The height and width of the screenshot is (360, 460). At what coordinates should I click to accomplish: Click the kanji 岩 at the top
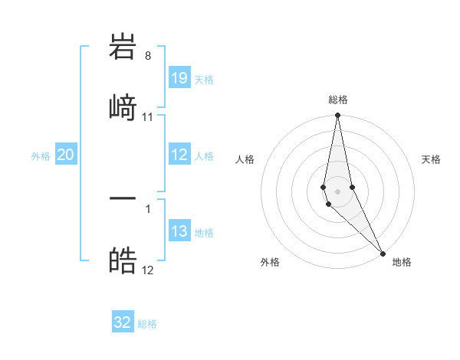pos(123,47)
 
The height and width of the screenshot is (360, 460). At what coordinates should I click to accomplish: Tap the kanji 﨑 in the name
pos(123,106)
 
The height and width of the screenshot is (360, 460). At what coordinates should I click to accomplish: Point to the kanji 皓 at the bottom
pos(123,260)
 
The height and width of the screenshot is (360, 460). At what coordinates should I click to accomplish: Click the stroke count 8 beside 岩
pos(147,56)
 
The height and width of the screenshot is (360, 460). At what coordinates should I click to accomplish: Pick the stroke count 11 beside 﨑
pos(148,117)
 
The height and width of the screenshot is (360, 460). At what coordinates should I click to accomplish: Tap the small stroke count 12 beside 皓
pos(148,270)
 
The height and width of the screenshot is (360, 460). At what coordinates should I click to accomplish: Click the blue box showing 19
pos(179,77)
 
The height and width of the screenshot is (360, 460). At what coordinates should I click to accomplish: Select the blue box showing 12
pos(179,155)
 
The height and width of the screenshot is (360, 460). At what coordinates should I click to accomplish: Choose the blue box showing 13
pos(179,231)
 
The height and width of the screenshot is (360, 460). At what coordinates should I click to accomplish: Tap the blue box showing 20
pos(66,155)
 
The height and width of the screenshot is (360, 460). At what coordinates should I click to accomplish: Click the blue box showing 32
pos(123,322)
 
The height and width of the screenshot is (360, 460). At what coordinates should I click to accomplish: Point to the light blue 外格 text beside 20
pos(41,156)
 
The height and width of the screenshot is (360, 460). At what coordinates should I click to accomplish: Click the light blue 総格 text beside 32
pos(147,324)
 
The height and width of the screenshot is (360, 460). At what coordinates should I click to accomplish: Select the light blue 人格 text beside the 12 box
pos(204,156)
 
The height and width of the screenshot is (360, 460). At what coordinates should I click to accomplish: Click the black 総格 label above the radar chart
pos(338,100)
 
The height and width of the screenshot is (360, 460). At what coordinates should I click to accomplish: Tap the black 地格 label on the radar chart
pos(402,262)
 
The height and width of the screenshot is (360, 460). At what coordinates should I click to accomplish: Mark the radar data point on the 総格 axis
pos(337,116)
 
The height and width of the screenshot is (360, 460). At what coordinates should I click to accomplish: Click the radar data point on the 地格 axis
pos(383,253)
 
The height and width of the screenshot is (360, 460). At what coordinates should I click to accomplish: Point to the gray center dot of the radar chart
pos(337,191)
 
